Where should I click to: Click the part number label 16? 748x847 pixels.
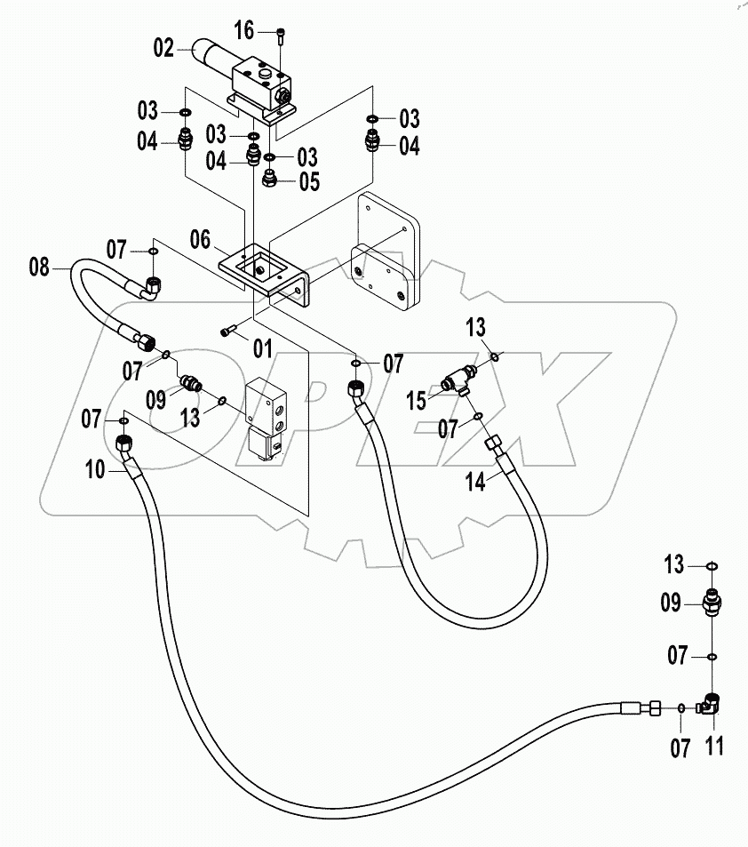point(244,32)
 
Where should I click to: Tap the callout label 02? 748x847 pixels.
point(164,50)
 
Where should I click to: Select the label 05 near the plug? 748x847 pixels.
point(308,182)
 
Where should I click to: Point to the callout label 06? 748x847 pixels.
point(201,239)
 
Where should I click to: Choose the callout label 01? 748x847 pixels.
point(262,348)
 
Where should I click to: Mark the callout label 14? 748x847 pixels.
point(476,483)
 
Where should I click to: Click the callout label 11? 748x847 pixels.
point(713,747)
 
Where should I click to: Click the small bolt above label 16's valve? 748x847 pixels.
point(281,35)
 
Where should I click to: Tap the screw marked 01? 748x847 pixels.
point(228,331)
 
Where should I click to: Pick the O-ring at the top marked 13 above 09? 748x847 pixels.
point(712,565)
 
